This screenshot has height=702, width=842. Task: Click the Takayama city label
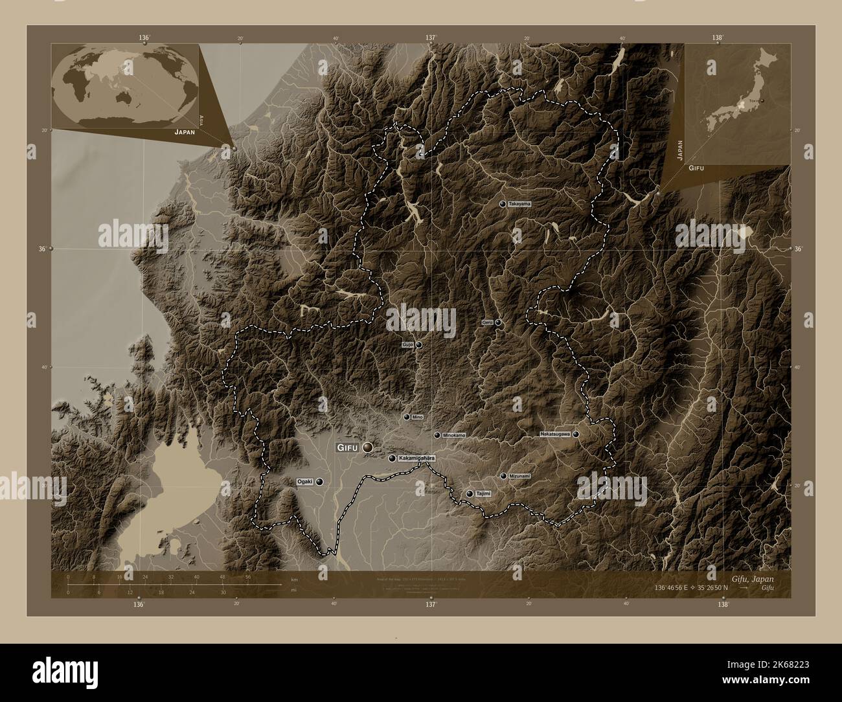(x=519, y=204)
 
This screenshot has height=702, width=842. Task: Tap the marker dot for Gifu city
(x=368, y=447)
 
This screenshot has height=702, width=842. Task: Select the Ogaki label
(x=304, y=482)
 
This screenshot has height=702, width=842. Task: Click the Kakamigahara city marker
(x=392, y=459)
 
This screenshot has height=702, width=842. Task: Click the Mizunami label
(x=519, y=476)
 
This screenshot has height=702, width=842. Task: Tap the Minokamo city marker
(x=437, y=435)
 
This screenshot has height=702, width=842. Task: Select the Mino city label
(x=417, y=418)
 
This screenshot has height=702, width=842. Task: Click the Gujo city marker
(x=419, y=345)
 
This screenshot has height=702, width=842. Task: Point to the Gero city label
(x=487, y=323)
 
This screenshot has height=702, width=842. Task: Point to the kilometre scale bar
(x=175, y=585)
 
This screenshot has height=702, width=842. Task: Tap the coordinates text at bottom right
(x=692, y=588)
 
